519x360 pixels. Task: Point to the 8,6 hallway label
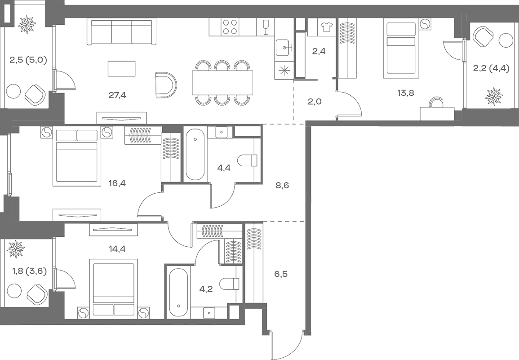click(x=282, y=184)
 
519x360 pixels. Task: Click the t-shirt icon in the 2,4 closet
click(x=327, y=27)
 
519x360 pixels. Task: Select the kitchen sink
click(x=283, y=47)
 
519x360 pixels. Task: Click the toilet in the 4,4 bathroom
click(x=248, y=160)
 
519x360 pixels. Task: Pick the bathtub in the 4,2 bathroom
click(x=178, y=293)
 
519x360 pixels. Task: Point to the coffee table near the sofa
click(x=122, y=69)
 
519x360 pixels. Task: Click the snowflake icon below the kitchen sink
click(x=284, y=70)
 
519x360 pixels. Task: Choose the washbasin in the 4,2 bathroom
click(x=209, y=312)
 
